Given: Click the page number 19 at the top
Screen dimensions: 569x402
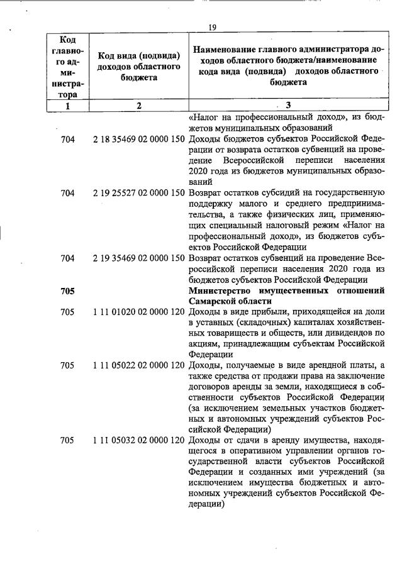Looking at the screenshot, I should (212, 27).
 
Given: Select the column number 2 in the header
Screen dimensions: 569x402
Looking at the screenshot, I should (139, 106).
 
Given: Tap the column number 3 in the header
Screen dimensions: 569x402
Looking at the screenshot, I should (288, 106).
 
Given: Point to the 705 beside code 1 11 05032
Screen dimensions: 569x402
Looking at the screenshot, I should (67, 441).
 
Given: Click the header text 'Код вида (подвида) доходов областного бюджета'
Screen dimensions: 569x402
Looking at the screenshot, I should (139, 65).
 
